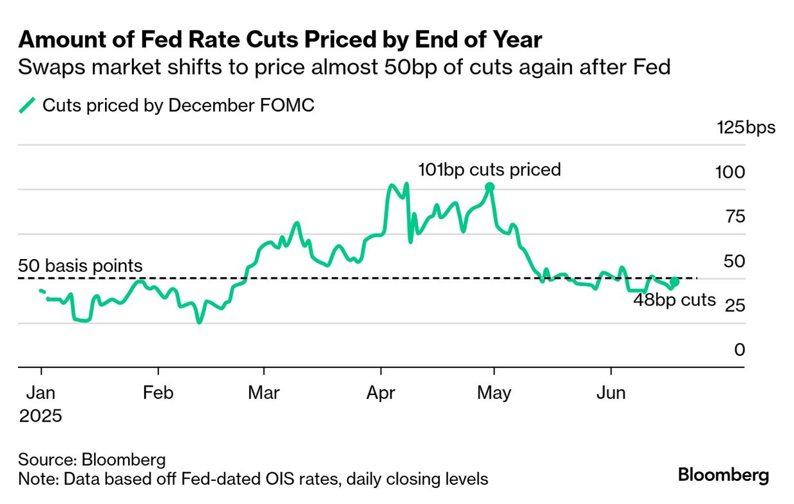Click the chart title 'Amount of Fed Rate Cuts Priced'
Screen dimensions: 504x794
pyautogui.click(x=279, y=40)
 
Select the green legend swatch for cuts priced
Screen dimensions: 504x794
pyautogui.click(x=26, y=106)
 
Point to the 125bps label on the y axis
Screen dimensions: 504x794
pyautogui.click(x=746, y=127)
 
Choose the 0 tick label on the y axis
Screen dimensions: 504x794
pyautogui.click(x=739, y=350)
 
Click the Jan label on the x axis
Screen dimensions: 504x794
pyautogui.click(x=41, y=393)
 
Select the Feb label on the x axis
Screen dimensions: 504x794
pyautogui.click(x=157, y=393)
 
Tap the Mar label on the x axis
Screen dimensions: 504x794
pyautogui.click(x=263, y=393)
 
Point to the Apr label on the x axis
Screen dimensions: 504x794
pyautogui.click(x=381, y=393)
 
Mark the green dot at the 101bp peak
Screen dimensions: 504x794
pyautogui.click(x=489, y=187)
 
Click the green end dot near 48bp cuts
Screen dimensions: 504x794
pyautogui.click(x=675, y=282)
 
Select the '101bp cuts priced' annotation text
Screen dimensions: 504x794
pyautogui.click(x=489, y=170)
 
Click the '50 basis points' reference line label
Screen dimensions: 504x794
pyautogui.click(x=80, y=266)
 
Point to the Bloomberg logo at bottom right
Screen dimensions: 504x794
pyautogui.click(x=723, y=476)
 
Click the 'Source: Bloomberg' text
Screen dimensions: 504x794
pyautogui.click(x=91, y=460)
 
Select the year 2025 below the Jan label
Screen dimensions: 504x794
pyautogui.click(x=41, y=416)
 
